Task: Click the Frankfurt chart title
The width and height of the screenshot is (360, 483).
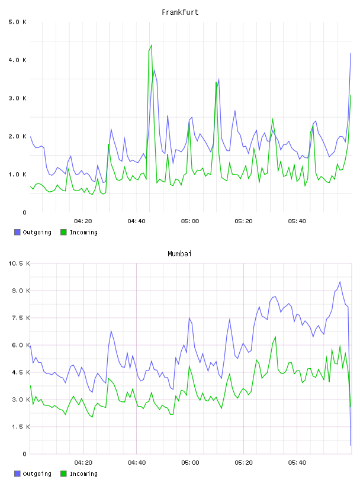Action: pos(180,12)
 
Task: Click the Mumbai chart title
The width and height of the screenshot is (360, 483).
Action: pos(179,254)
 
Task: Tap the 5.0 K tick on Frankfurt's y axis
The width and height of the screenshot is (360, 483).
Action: pos(18,22)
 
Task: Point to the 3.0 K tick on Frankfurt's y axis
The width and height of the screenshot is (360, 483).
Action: pos(18,98)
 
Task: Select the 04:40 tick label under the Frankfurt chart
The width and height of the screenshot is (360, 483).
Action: pos(137,221)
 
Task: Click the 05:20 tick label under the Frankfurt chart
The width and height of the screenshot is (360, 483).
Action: pos(243,221)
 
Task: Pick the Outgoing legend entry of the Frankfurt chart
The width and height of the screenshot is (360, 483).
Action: pos(33,232)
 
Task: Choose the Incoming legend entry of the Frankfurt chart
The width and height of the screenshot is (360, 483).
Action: pos(79,232)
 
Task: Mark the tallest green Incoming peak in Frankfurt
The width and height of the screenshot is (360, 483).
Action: pos(152,45)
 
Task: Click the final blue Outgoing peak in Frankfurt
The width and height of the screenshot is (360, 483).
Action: pos(351,53)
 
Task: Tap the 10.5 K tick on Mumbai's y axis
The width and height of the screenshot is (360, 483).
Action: pos(19,263)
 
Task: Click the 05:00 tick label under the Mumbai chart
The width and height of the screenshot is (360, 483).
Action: pos(190,463)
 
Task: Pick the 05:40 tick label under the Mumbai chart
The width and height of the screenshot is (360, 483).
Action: pos(297,463)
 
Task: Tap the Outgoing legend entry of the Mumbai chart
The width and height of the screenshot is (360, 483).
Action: pos(33,474)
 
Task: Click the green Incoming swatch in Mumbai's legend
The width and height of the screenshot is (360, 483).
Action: pos(63,474)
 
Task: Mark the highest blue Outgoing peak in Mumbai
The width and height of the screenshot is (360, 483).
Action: pos(340,282)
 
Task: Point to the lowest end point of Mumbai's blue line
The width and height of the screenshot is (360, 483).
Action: pos(351,446)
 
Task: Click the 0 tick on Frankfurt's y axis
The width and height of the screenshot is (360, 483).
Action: pos(24,212)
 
